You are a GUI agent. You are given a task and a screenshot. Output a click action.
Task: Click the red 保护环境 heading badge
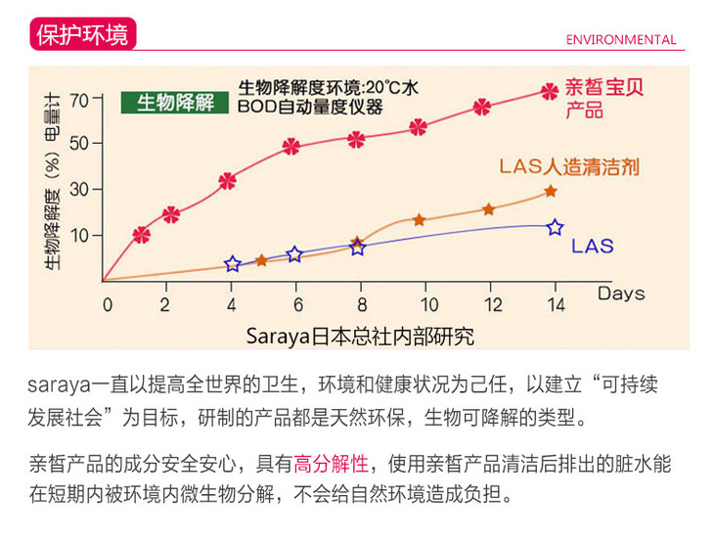81,34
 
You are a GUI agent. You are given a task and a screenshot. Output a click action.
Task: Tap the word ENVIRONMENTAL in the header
621,40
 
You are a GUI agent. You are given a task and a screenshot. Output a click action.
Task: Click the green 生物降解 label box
175,102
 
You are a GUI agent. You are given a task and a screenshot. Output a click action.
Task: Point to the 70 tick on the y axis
79,99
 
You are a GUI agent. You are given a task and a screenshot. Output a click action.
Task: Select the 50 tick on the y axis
79,143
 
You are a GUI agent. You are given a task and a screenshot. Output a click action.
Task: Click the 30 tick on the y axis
79,189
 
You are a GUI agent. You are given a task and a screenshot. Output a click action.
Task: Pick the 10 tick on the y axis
79,235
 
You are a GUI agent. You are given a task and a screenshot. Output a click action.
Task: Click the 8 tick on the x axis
361,303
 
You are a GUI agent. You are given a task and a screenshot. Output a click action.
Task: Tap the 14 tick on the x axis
555,303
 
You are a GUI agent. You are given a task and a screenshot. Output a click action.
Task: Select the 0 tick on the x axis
108,303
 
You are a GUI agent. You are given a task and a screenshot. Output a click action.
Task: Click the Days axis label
621,293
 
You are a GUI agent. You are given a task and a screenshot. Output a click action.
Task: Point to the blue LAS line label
592,246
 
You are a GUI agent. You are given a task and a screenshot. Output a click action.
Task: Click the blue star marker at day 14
555,227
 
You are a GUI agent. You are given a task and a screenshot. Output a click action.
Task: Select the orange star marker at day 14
551,192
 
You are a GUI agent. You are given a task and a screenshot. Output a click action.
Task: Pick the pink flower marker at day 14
550,91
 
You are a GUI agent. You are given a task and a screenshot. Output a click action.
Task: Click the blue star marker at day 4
233,264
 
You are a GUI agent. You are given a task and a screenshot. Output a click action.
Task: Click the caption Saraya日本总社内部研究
360,336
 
